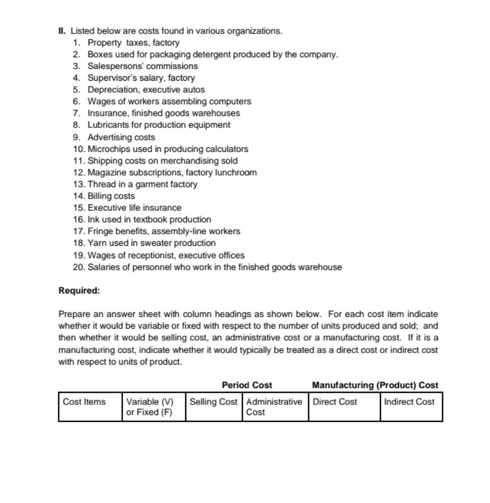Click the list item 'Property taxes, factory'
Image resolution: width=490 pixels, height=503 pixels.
133,43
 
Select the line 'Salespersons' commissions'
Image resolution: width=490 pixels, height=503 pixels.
143,66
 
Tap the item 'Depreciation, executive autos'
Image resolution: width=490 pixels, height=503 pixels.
146,89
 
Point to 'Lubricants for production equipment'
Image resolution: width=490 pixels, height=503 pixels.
159,125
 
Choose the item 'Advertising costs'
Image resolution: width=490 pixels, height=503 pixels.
121,137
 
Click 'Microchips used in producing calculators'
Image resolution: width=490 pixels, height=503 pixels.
168,149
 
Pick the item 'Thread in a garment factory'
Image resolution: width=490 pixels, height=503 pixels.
142,184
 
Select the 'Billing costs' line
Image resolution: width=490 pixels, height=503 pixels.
111,196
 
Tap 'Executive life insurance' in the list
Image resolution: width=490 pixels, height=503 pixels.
134,208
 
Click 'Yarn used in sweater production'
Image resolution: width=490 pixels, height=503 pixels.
151,243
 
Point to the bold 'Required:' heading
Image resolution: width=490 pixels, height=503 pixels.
79,291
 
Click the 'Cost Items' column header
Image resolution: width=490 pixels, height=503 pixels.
84,402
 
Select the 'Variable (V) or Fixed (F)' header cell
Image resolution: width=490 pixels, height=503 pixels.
150,407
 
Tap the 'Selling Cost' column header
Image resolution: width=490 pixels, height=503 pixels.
214,402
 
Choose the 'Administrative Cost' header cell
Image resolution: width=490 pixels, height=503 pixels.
274,407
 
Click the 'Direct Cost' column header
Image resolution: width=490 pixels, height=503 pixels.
335,402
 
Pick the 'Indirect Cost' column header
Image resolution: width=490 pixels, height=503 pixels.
409,402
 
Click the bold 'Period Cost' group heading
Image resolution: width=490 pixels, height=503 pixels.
247,385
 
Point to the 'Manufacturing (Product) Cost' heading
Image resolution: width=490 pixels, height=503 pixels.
375,385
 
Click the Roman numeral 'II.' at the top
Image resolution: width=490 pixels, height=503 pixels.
63,31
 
